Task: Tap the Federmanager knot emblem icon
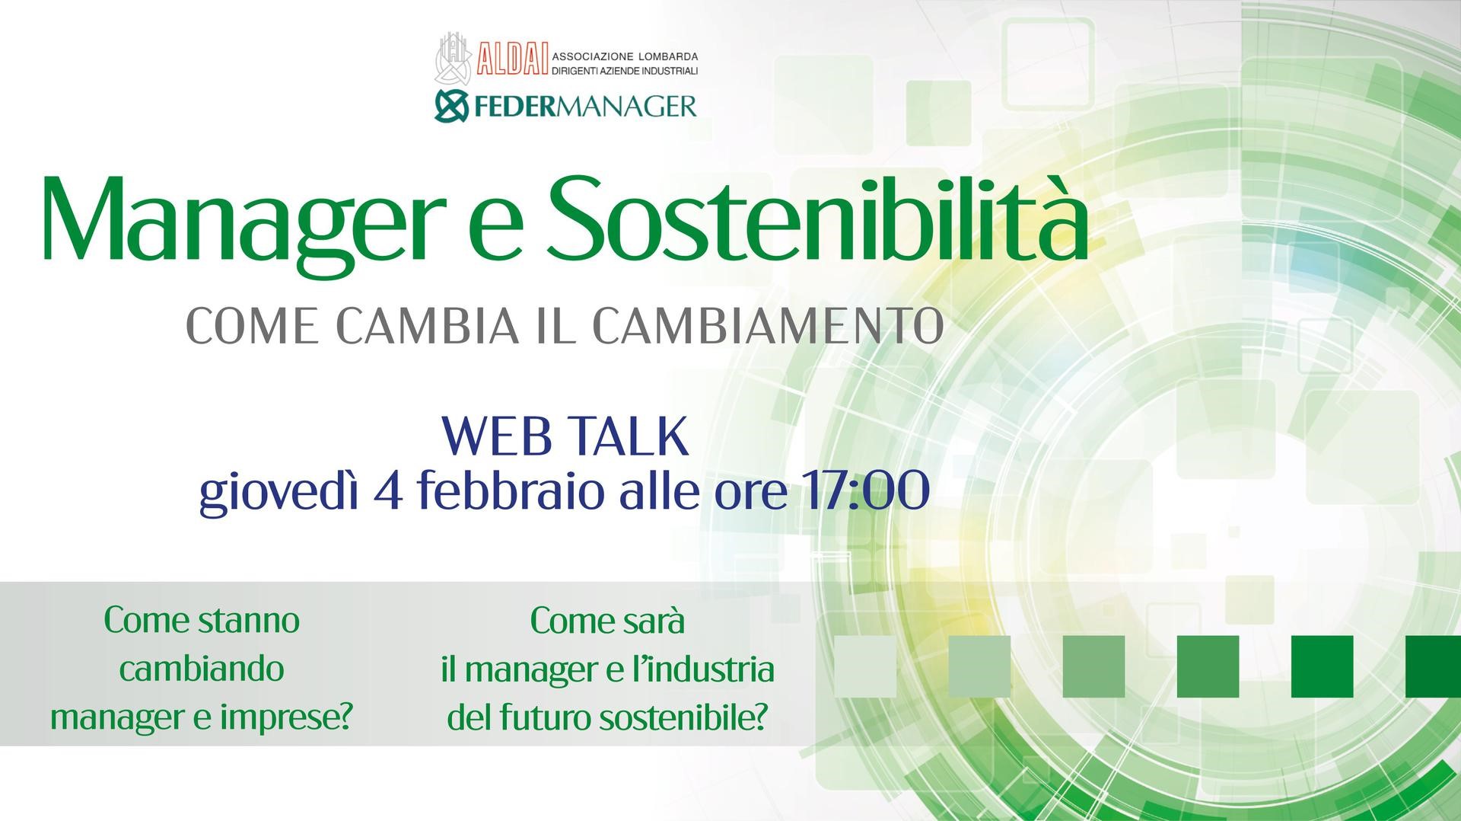click(451, 106)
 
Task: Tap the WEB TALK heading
click(565, 436)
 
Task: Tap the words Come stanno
click(202, 621)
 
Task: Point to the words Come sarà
click(607, 621)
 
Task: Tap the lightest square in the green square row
click(865, 666)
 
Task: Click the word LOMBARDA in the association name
click(667, 56)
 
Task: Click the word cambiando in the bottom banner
click(202, 669)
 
